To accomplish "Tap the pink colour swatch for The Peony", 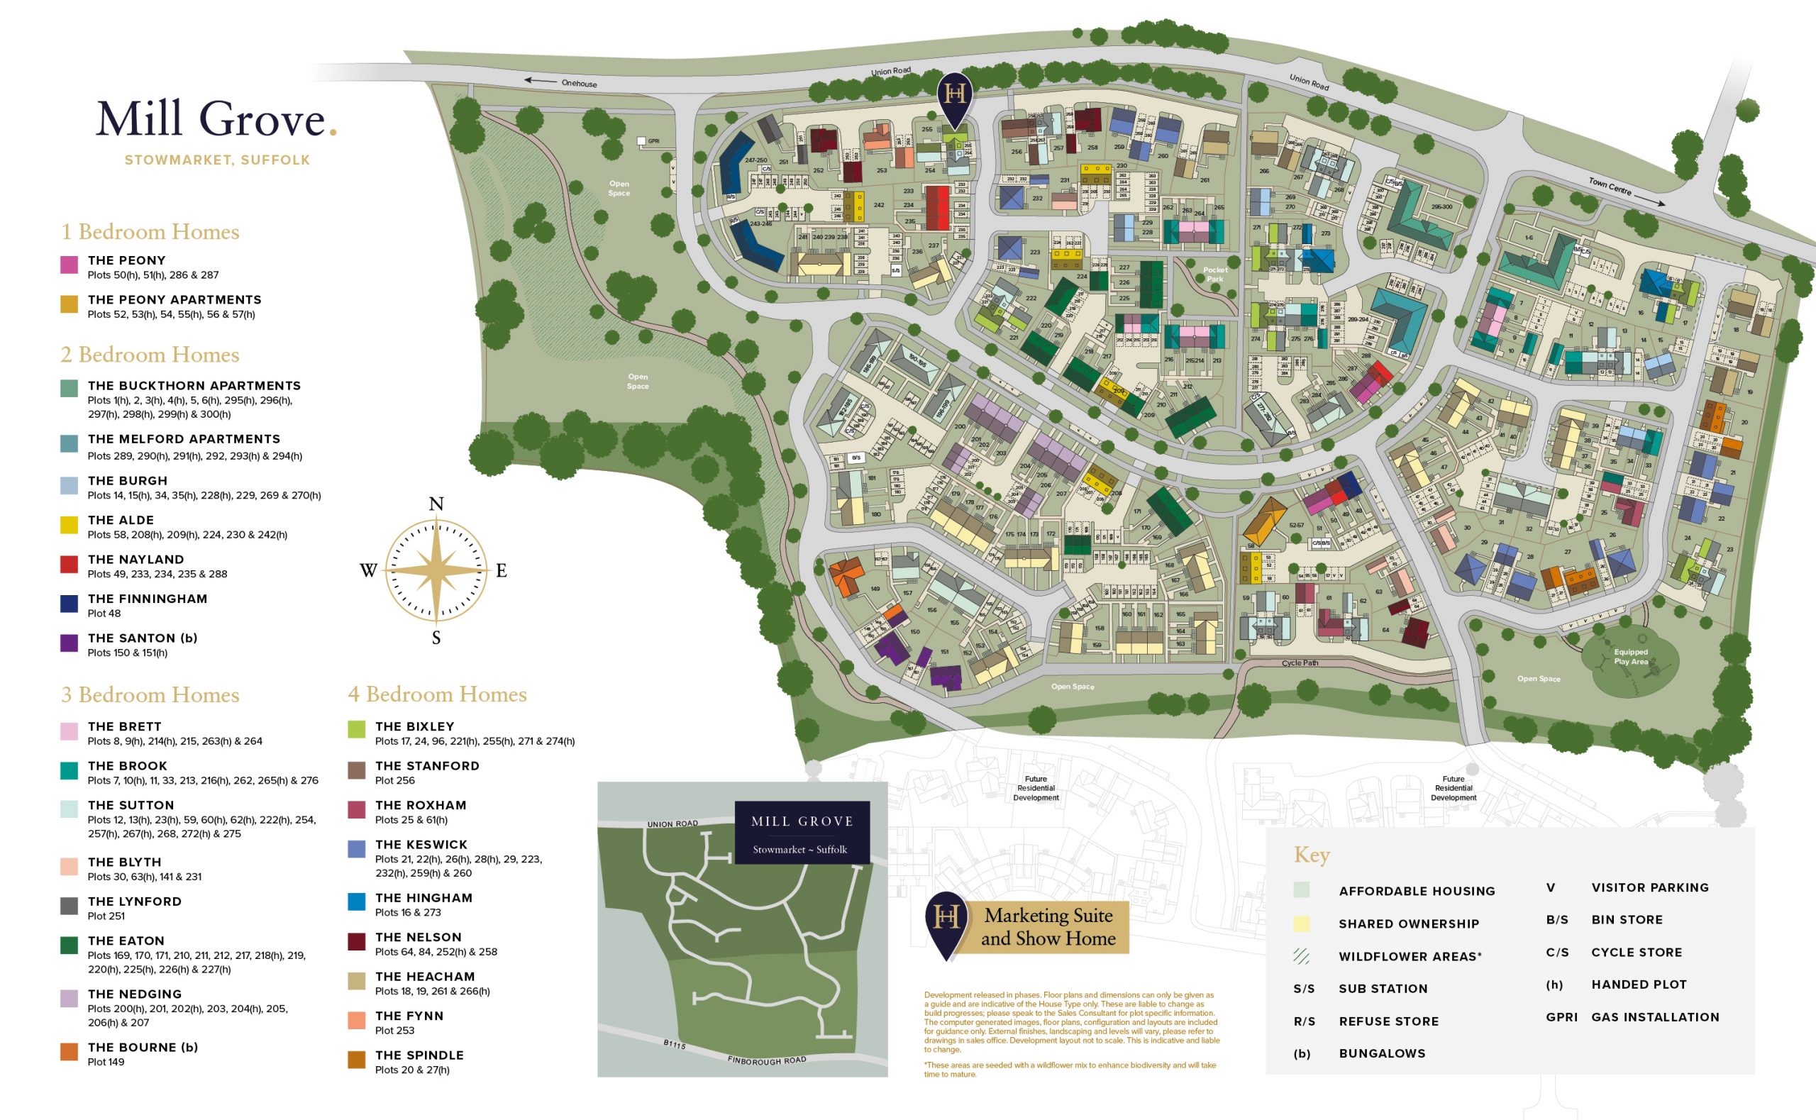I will (x=69, y=265).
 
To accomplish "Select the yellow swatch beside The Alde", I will (x=69, y=524).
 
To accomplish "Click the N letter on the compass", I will (x=436, y=504).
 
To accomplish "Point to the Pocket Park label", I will (x=1215, y=274).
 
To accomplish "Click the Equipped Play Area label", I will (x=1631, y=657).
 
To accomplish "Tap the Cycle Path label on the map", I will (x=1300, y=663).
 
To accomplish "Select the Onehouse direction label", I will (x=578, y=84).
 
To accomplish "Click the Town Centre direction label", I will (x=1610, y=185).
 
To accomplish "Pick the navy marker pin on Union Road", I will (x=955, y=98).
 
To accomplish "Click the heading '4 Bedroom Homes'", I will (x=437, y=694).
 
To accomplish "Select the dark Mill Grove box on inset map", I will (x=802, y=833).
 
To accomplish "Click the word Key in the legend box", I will (x=1312, y=855).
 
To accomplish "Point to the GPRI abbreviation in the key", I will (x=1561, y=1017).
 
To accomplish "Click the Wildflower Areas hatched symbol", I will (x=1301, y=956).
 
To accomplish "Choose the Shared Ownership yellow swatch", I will (x=1301, y=924).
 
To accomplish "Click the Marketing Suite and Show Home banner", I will (x=1048, y=927).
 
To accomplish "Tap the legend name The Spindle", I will (x=419, y=1055).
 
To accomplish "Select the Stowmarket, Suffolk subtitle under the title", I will (x=217, y=160).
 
